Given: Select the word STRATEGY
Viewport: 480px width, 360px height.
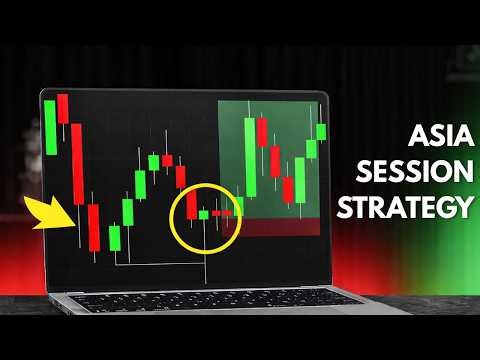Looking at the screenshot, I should click(405, 207).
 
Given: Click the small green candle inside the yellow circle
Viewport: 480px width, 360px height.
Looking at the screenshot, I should click(204, 214).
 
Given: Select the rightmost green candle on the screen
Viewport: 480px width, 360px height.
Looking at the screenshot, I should click(321, 131).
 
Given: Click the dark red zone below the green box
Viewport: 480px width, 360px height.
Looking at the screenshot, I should click(270, 227).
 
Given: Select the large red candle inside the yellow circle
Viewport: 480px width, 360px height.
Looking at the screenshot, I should click(191, 205).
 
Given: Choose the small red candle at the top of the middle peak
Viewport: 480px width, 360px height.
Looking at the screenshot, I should click(168, 160).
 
